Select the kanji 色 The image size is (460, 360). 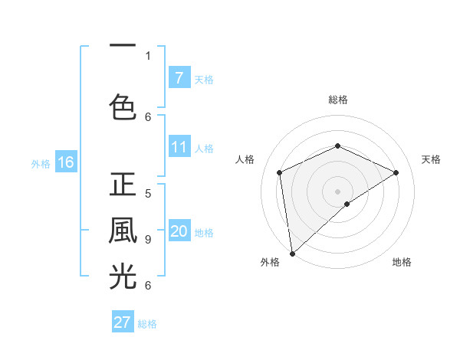point(123,106)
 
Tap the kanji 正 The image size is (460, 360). point(123,185)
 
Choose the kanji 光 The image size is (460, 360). point(123,277)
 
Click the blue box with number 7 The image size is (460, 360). point(179,77)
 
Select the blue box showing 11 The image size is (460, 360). point(179,148)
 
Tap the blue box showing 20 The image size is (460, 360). point(179,232)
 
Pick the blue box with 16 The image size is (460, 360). point(65,162)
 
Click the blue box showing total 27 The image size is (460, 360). point(123,322)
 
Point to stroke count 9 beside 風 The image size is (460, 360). point(148,239)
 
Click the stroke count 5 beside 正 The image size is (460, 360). point(148,193)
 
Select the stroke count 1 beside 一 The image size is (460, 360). point(148,55)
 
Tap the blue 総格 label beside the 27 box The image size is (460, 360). point(148,324)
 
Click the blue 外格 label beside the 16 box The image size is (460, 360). point(41,163)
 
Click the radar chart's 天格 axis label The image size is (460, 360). point(431,159)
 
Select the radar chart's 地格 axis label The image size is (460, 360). point(402,262)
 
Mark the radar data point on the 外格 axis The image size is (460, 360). point(291,253)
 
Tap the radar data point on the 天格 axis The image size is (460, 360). point(396,172)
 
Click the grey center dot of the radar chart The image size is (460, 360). point(337,191)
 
